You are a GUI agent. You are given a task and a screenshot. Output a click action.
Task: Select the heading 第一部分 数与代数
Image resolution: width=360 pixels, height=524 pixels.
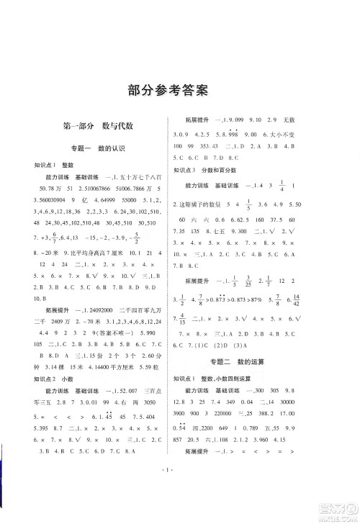pos(89,125)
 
